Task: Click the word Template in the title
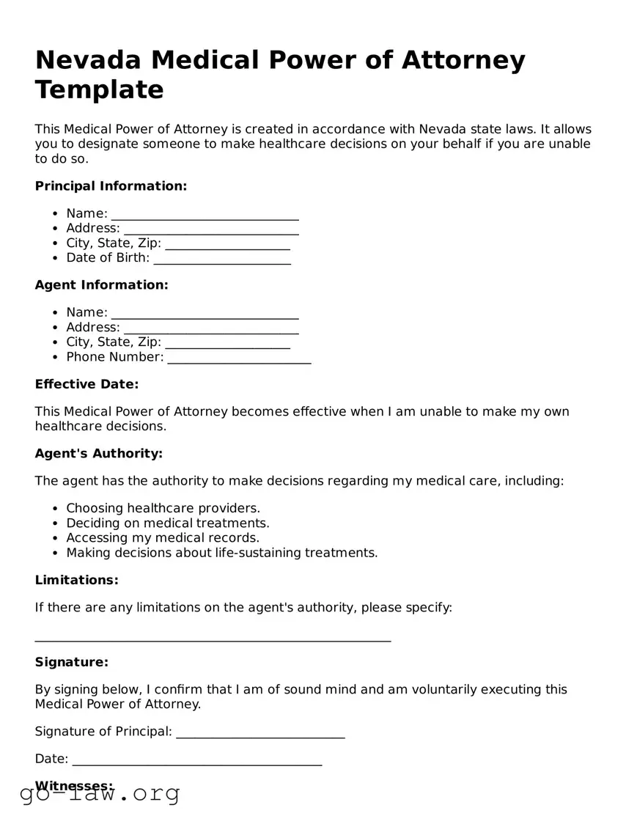[99, 89]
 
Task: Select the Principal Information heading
[111, 186]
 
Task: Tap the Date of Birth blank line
[222, 260]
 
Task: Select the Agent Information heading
[101, 285]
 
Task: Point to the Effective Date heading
[86, 384]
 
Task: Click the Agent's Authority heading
[98, 454]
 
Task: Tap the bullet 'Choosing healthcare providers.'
[163, 508]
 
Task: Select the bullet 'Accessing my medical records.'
[163, 538]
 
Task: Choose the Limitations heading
[76, 581]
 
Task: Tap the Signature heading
[71, 663]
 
